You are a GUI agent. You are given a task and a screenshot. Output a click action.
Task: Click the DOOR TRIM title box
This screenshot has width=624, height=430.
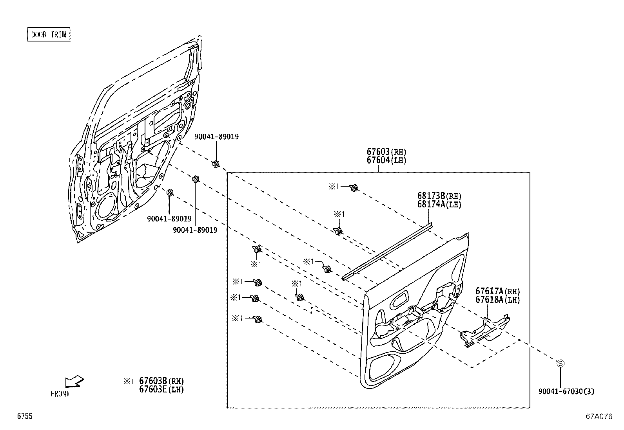49,34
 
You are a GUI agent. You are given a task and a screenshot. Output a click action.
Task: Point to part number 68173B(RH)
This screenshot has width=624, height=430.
439,196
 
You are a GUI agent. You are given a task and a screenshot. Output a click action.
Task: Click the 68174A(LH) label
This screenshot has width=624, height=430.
439,204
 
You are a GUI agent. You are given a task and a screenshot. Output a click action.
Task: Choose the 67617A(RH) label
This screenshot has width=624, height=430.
497,291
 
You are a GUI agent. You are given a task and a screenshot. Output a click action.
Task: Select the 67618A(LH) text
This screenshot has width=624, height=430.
497,300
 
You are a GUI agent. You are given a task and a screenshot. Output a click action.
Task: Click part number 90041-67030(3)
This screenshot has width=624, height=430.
566,391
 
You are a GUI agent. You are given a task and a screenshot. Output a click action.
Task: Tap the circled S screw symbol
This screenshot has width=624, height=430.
561,363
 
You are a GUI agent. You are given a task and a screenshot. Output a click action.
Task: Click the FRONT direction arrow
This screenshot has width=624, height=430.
74,381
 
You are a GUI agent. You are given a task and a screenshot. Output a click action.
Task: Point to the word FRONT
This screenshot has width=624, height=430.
60,394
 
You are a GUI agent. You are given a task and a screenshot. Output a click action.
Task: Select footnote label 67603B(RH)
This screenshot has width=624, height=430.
161,381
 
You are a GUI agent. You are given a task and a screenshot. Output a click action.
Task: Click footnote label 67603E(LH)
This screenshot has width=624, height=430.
161,389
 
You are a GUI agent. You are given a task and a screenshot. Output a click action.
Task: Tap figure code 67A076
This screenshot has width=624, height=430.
599,417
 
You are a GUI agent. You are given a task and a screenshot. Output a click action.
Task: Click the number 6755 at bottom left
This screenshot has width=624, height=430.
24,417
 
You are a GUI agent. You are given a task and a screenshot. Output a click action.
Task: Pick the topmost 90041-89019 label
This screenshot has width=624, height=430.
216,137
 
